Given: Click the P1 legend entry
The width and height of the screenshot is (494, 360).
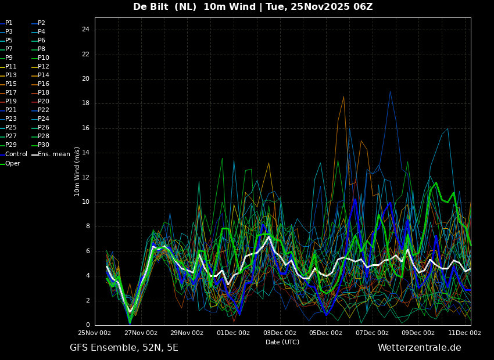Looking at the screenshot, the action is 6,23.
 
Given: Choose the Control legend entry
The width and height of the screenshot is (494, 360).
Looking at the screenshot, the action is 14,154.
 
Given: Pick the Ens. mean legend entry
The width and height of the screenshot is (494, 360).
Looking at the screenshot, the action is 51,154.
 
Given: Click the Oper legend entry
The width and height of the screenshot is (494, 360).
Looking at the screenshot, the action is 10,163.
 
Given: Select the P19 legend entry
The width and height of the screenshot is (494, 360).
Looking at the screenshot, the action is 9,102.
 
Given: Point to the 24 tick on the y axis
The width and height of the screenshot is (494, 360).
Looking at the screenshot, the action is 85,30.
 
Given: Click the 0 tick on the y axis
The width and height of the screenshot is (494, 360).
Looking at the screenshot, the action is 88,325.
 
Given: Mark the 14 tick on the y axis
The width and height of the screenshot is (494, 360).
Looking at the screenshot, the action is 85,153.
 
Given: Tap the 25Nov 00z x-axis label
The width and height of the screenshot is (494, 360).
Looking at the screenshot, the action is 95,333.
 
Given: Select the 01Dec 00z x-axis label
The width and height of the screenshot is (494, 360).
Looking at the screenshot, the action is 234,333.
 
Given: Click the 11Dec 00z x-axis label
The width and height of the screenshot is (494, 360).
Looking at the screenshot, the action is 465,333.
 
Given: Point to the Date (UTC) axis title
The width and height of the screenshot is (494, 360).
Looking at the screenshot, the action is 282,342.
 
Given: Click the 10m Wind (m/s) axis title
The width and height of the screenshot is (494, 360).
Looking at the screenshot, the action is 77,171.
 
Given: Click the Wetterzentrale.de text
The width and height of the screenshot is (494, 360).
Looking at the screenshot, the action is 420,348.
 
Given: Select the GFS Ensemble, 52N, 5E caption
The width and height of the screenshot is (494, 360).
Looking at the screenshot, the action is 124,348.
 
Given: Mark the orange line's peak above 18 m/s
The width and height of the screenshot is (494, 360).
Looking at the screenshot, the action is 343,96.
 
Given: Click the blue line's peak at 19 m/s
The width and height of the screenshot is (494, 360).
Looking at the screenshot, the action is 390,91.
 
